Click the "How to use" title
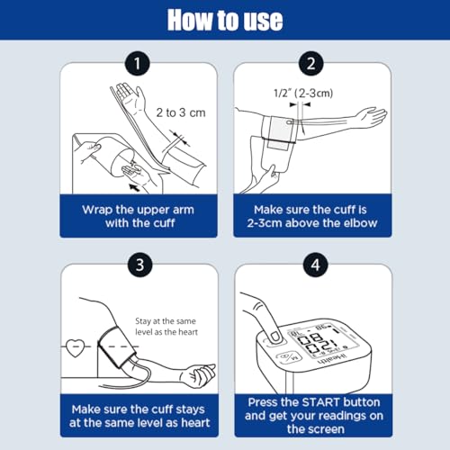pyautogui.click(x=225, y=20)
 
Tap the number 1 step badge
pyautogui.click(x=138, y=64)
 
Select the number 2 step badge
pyautogui.click(x=311, y=64)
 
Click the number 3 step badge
pyautogui.click(x=139, y=265)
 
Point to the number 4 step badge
pyautogui.click(x=315, y=265)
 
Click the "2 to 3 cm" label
pyautogui.click(x=181, y=112)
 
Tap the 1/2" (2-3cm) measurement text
pyautogui.click(x=303, y=94)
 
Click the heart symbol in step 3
pyautogui.click(x=75, y=348)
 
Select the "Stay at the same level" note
pyautogui.click(x=166, y=327)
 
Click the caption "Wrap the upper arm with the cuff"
pyautogui.click(x=139, y=216)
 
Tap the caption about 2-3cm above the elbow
pyautogui.click(x=312, y=216)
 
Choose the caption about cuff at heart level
pyautogui.click(x=139, y=416)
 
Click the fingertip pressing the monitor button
pyautogui.click(x=275, y=337)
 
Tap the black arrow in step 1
pyautogui.click(x=134, y=188)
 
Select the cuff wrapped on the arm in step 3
pyautogui.click(x=117, y=346)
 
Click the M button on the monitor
pyautogui.click(x=289, y=357)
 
